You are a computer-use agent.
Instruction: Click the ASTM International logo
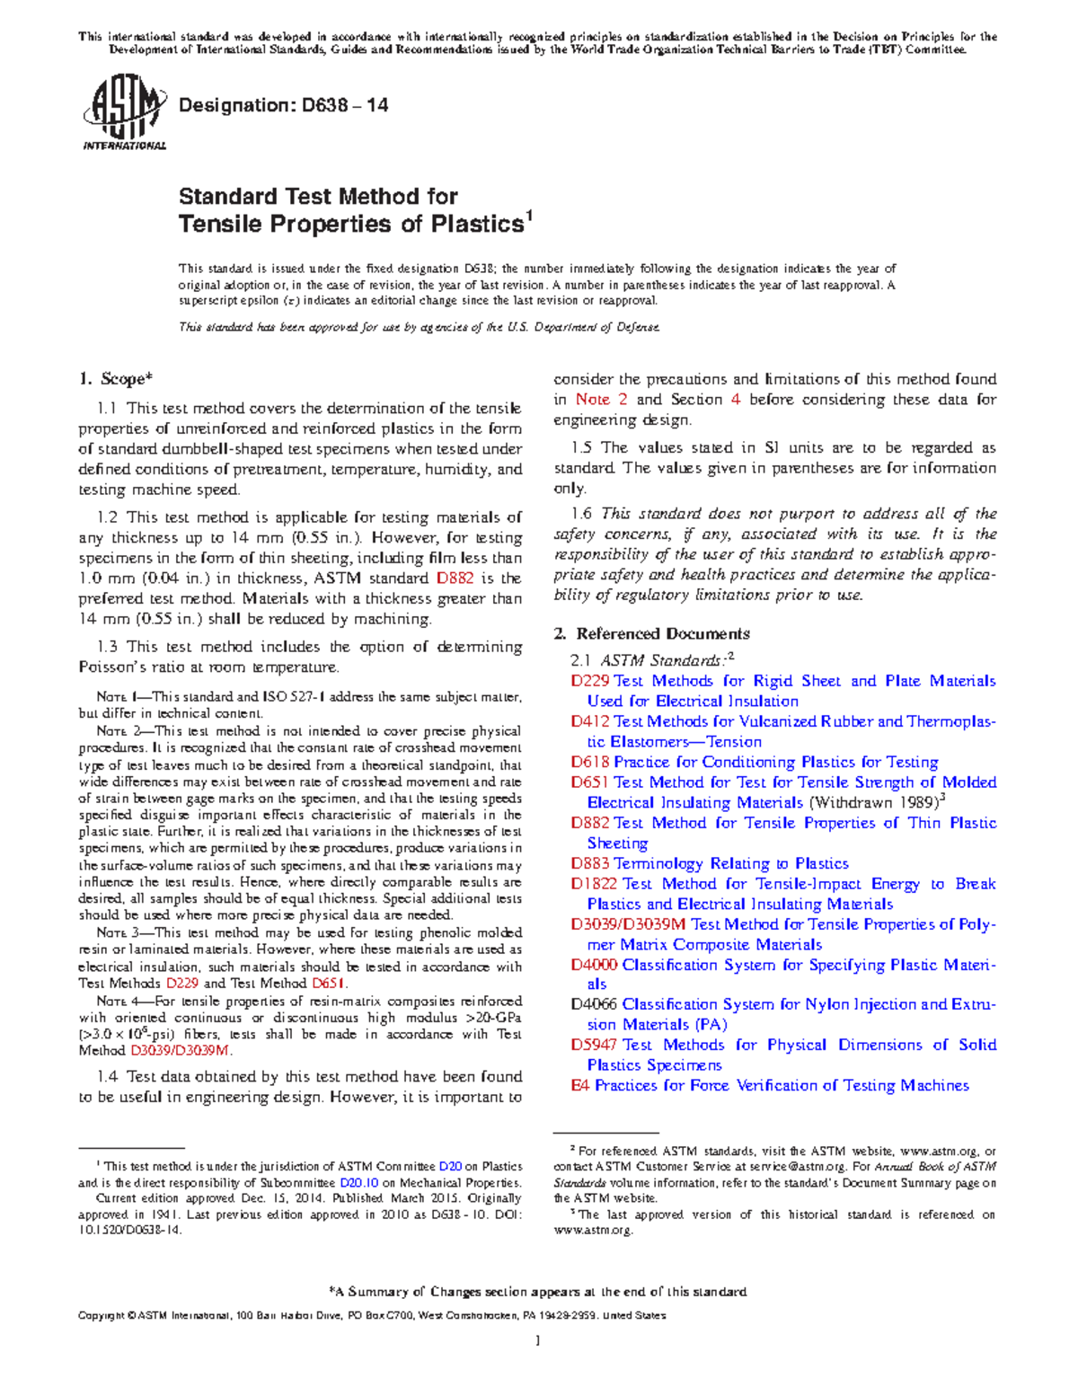tap(124, 113)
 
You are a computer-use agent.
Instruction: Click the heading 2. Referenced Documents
tap(651, 633)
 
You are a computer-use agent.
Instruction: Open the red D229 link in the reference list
tap(590, 681)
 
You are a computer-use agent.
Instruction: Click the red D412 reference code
tap(590, 721)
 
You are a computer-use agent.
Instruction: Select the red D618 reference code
tap(590, 762)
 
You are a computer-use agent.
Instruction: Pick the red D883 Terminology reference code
tap(590, 863)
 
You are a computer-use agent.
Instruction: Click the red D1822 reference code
tap(595, 884)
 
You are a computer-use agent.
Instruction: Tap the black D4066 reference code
tap(594, 1004)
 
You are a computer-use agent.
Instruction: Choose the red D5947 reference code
tap(594, 1045)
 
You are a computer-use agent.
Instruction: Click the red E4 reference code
tap(580, 1085)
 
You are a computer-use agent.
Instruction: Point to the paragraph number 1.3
tap(108, 647)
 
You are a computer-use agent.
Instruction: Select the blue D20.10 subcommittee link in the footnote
tap(358, 1183)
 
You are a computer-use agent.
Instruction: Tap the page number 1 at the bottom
tap(537, 1341)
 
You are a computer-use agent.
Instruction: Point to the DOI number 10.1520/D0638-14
tap(129, 1231)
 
